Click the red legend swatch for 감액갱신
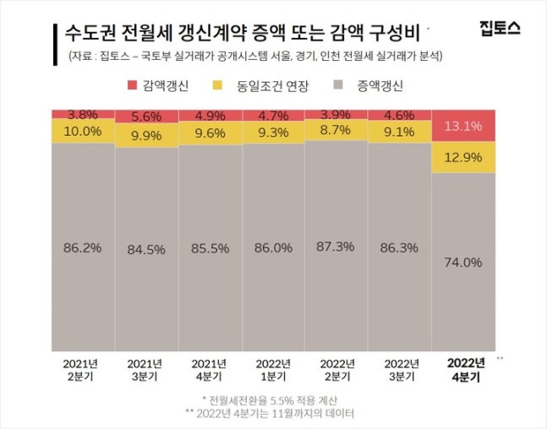point(132,85)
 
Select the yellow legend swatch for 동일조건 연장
point(217,85)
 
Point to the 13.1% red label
point(463,127)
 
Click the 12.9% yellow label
point(463,156)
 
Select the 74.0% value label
point(463,263)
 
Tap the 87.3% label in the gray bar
point(336,247)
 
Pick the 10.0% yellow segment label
point(83,131)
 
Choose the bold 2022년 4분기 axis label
point(463,371)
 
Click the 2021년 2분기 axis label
point(82,371)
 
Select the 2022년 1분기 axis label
point(272,371)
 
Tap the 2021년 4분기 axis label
point(209,371)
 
